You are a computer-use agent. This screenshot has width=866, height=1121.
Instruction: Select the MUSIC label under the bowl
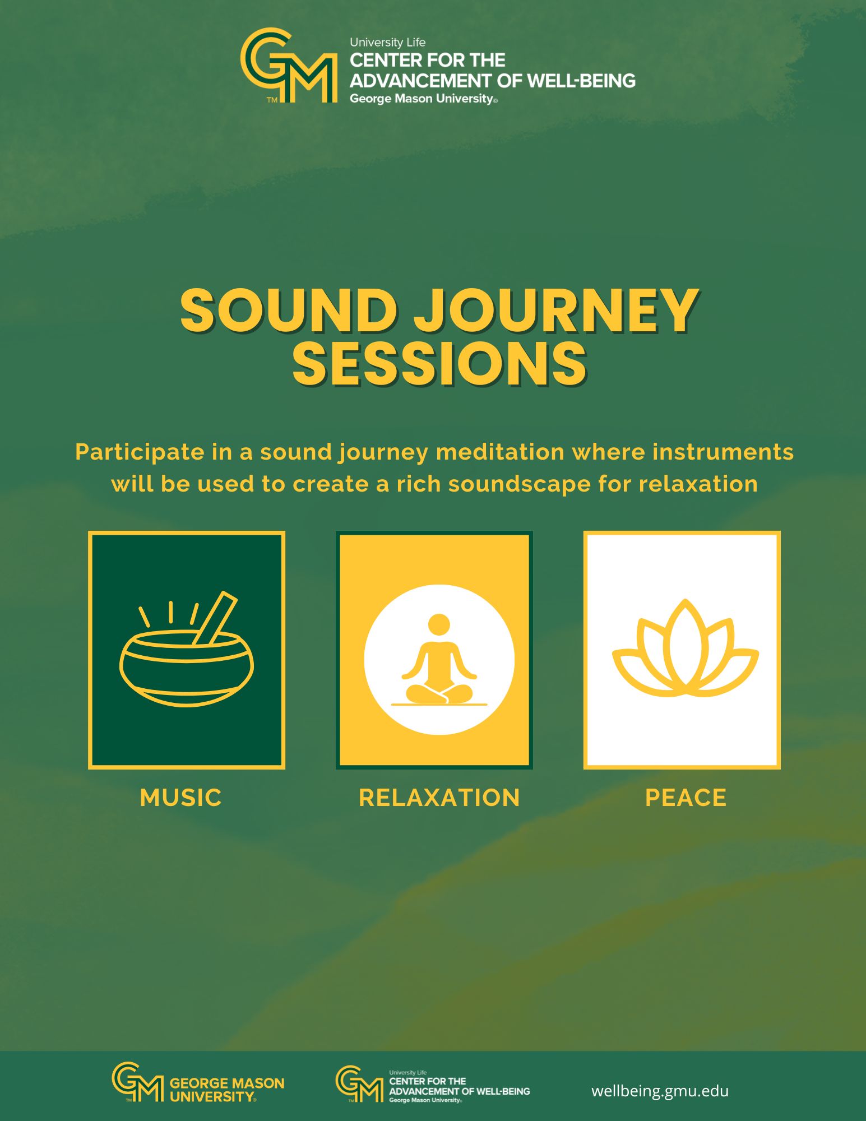tap(180, 798)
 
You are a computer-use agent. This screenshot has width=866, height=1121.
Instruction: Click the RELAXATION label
tap(439, 798)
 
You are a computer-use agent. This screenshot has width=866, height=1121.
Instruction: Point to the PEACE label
tap(686, 798)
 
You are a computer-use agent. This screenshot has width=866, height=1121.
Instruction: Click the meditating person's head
tap(439, 625)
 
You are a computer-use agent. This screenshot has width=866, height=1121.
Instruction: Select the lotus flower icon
tap(685, 648)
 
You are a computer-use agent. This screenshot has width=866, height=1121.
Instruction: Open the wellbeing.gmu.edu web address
tap(660, 1091)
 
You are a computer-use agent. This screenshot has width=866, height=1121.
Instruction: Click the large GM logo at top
tap(289, 66)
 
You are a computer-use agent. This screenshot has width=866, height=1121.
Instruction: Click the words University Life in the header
tap(388, 43)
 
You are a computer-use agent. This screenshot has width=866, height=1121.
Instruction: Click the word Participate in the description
tap(140, 452)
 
